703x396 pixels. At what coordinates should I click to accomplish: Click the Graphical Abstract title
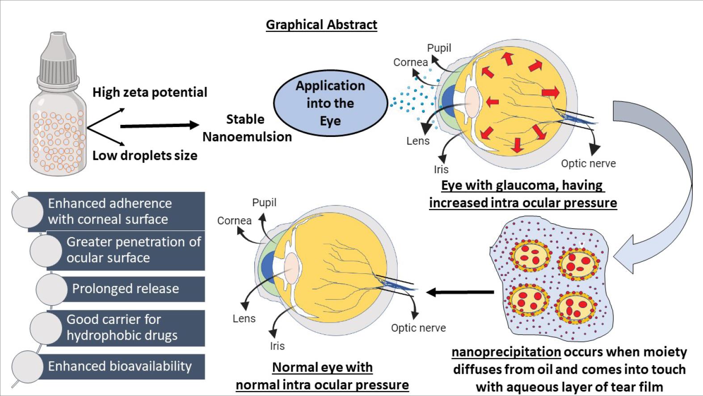point(321,25)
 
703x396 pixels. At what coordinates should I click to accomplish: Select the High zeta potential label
point(150,92)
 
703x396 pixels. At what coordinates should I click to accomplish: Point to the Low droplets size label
point(145,156)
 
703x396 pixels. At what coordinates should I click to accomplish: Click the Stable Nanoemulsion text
point(246,128)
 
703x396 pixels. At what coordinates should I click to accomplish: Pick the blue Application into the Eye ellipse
point(330,103)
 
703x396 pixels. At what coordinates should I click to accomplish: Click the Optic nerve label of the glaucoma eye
point(588,164)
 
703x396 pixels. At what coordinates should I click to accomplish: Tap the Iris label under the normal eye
point(277,346)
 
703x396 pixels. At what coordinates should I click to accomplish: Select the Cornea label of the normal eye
point(234,221)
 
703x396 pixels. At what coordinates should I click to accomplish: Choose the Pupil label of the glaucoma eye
point(439,48)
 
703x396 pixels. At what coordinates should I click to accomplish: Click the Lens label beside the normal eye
point(244,319)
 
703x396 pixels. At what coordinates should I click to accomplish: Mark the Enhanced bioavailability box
point(120,366)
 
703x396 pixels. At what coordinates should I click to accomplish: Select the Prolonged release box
point(125,289)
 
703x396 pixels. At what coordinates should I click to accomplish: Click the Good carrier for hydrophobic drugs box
point(122,328)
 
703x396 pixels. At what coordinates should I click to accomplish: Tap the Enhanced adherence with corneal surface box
point(109,211)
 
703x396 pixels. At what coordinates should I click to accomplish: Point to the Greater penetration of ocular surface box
point(133,250)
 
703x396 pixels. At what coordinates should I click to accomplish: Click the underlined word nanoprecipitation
point(506,352)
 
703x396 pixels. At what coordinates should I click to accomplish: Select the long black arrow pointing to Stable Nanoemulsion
point(159,126)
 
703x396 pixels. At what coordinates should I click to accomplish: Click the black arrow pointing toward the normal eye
point(460,292)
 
